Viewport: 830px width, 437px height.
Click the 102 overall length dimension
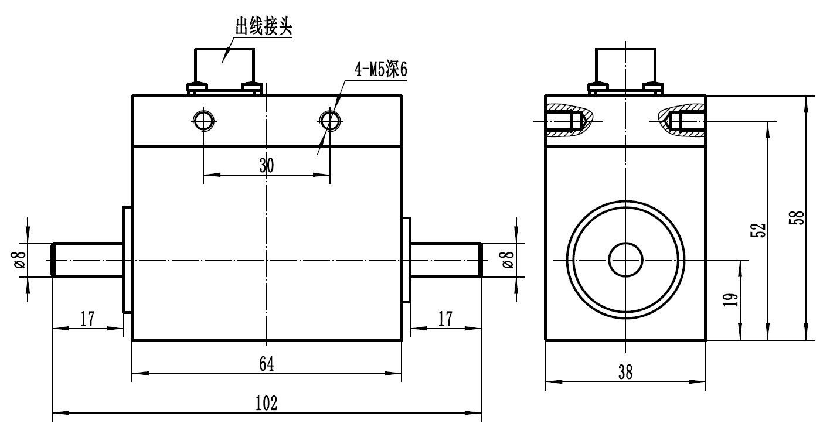(x=266, y=404)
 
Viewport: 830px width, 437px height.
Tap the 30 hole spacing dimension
(x=266, y=165)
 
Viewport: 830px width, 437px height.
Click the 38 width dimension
(x=625, y=372)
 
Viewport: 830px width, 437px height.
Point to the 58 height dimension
(x=799, y=218)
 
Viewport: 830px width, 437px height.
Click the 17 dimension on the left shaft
(x=87, y=319)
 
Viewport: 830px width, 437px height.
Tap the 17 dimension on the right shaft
(x=445, y=319)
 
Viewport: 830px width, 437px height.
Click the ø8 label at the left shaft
(x=19, y=260)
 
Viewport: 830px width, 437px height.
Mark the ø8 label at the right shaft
(x=508, y=260)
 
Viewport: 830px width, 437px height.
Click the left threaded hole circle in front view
(x=203, y=121)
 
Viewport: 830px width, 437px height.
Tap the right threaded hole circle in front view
(x=330, y=121)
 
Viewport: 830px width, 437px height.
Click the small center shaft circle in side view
(x=626, y=260)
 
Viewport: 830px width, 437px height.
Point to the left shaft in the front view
(x=88, y=260)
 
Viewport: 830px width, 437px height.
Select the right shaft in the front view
(x=445, y=260)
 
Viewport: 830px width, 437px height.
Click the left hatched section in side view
(x=567, y=121)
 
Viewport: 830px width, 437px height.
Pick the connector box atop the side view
(x=625, y=64)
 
